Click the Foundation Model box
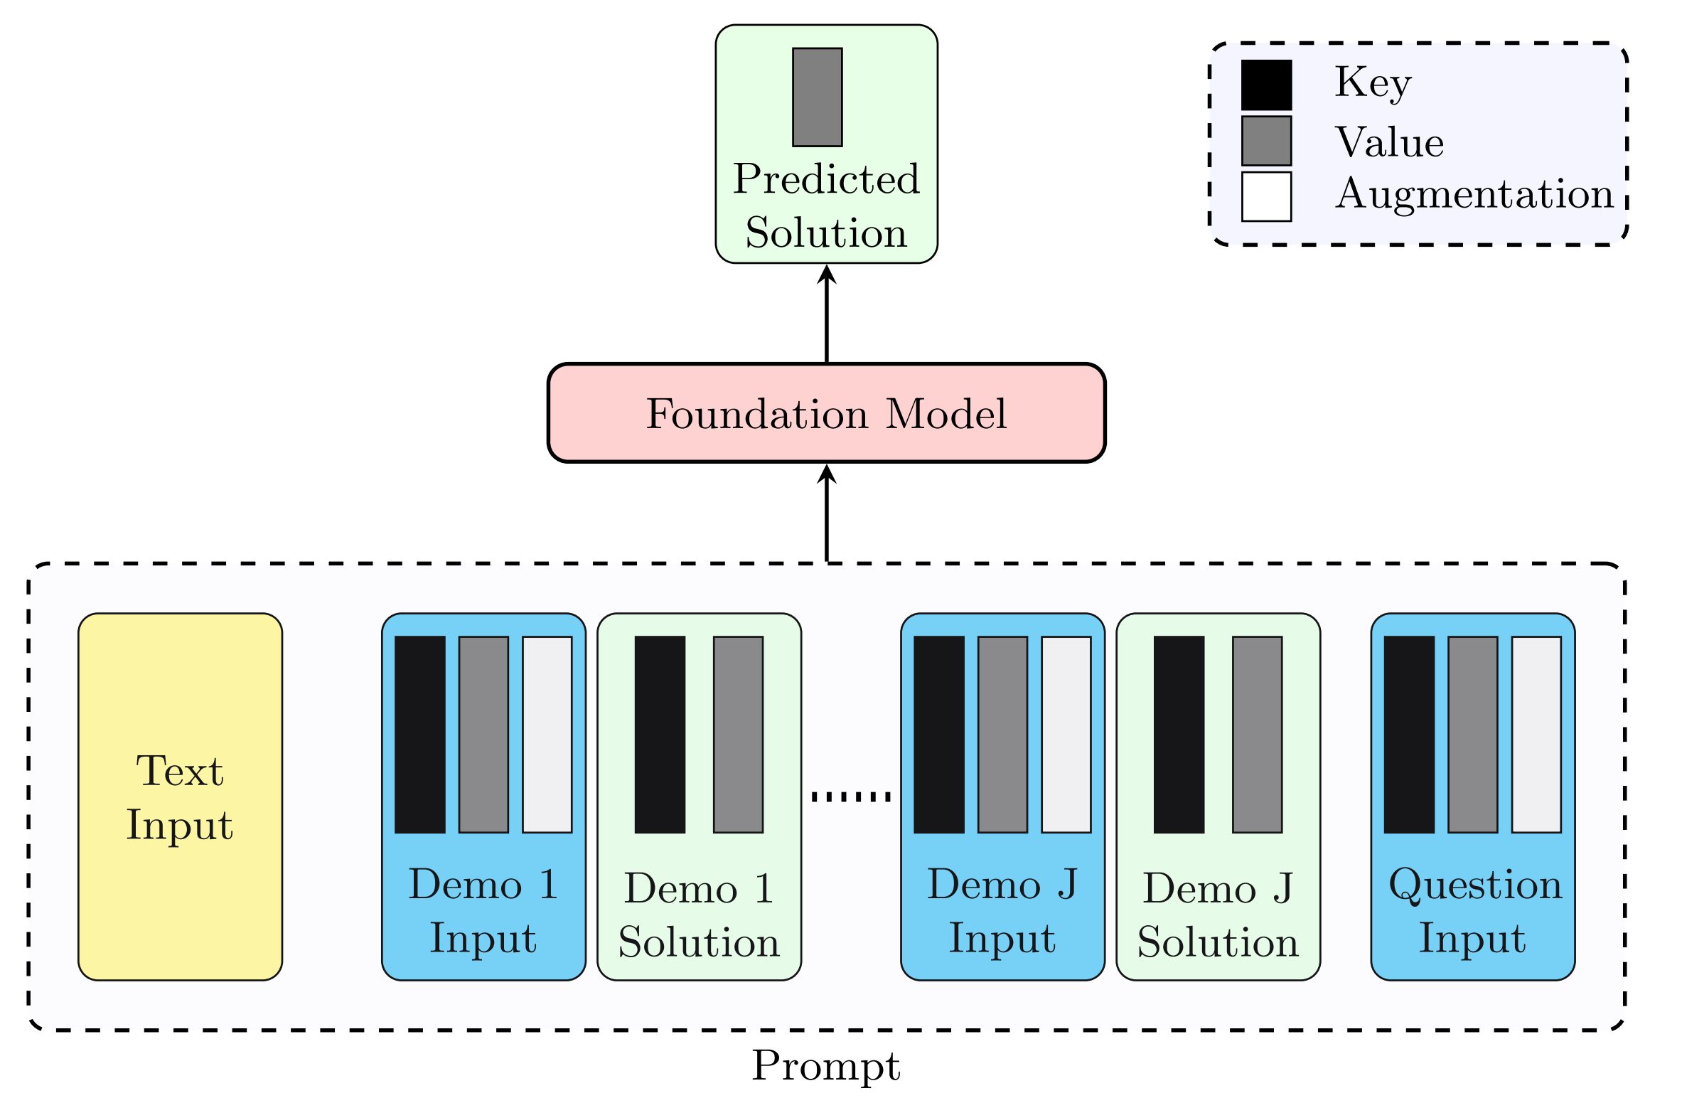[826, 413]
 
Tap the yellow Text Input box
[180, 796]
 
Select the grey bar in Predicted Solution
[817, 97]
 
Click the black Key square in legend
[1266, 85]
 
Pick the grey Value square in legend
[1266, 141]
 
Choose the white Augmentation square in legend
[1266, 196]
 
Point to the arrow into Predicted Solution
[826, 313]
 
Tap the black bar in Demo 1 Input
[420, 734]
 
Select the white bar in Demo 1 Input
[547, 734]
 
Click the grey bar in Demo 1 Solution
[738, 734]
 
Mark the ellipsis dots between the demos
[851, 796]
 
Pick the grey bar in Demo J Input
[1002, 734]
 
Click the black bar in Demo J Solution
[1179, 734]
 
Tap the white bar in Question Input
[1536, 734]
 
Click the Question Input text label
[1473, 911]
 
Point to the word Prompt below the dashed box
[826, 1065]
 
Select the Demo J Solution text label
[1218, 915]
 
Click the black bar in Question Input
[1409, 734]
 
